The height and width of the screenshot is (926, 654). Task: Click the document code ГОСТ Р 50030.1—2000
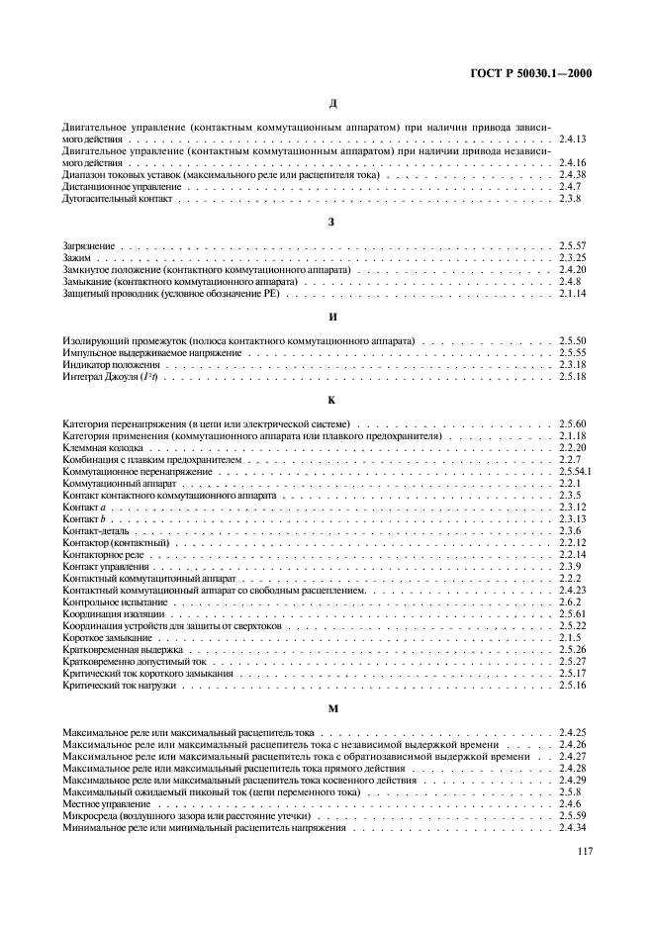pyautogui.click(x=536, y=73)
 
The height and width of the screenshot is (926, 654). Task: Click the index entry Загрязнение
pyautogui.click(x=88, y=245)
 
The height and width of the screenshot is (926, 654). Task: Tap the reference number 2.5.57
pyautogui.click(x=573, y=245)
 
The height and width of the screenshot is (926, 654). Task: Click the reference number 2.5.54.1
pyautogui.click(x=576, y=473)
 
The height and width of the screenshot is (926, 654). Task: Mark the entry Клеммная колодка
pyautogui.click(x=100, y=448)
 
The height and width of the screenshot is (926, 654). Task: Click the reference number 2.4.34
pyautogui.click(x=573, y=828)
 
